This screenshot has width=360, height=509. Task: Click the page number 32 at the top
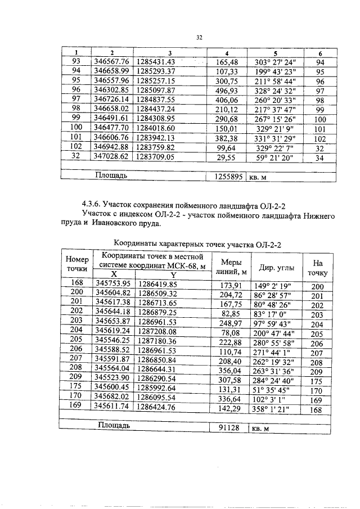coord(199,38)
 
